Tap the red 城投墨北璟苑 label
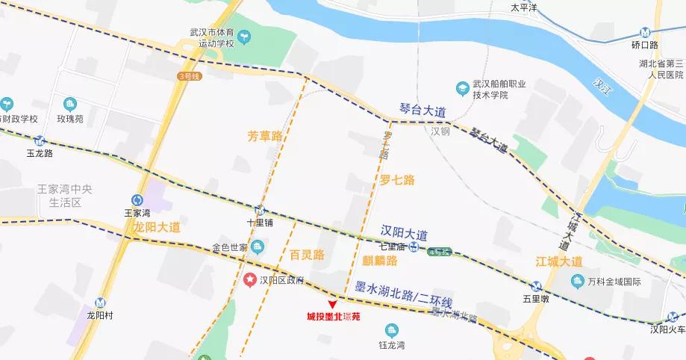click(x=333, y=317)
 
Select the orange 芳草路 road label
click(x=265, y=136)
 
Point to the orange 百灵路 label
click(x=307, y=255)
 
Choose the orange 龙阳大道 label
click(x=157, y=228)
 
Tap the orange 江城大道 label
click(x=559, y=261)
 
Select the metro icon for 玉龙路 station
click(x=39, y=140)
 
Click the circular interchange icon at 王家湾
click(x=137, y=199)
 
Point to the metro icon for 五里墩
click(x=535, y=285)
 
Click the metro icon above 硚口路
click(x=646, y=33)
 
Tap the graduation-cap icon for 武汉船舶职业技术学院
click(x=462, y=87)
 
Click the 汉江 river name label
click(x=601, y=84)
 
